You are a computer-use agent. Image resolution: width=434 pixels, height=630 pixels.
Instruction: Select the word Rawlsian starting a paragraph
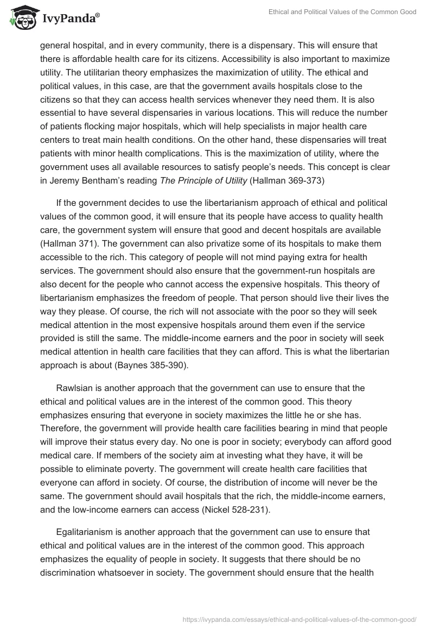click(x=74, y=388)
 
